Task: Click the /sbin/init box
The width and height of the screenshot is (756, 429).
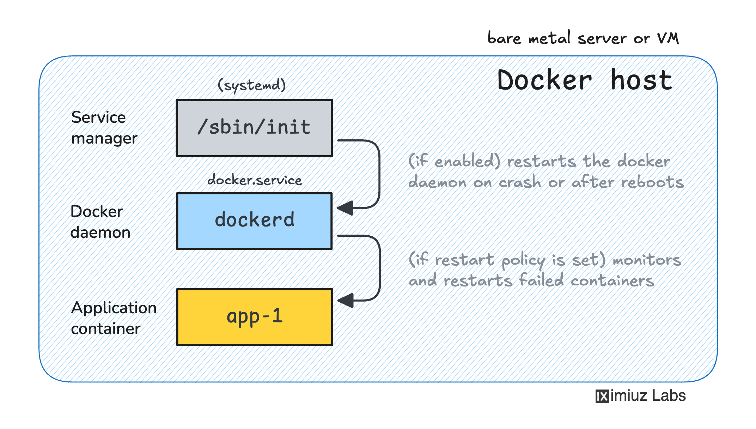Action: tap(254, 128)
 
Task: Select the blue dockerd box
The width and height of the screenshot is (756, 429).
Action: tap(254, 221)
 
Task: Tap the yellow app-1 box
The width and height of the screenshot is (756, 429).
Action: tap(254, 317)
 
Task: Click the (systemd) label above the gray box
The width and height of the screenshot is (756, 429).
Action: tap(251, 85)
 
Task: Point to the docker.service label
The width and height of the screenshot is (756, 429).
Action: tap(255, 180)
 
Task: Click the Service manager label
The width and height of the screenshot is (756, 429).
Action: tap(104, 128)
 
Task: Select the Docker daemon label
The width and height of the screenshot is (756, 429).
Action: tap(100, 222)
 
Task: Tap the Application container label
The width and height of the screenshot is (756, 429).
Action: tap(114, 318)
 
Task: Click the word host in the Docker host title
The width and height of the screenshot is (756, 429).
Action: tap(641, 80)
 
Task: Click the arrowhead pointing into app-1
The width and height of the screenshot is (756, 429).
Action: tap(346, 301)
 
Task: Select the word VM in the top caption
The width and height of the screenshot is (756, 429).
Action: tap(668, 38)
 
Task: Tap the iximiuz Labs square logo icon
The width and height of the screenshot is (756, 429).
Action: tap(602, 396)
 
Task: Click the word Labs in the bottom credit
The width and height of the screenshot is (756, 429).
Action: tap(669, 395)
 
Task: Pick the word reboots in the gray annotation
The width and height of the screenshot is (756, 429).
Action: tap(652, 182)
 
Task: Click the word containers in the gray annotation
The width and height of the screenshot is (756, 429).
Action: tap(612, 281)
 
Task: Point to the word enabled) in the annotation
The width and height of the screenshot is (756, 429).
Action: tap(467, 162)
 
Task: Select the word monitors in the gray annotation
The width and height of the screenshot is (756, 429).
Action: tap(647, 260)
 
